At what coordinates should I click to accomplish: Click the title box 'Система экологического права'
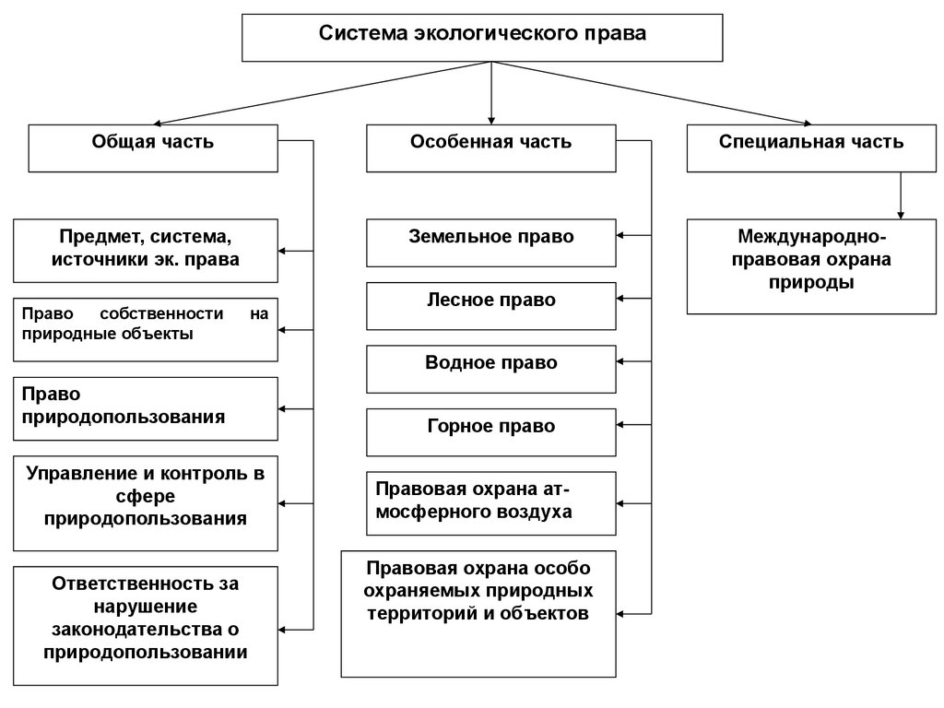click(x=482, y=37)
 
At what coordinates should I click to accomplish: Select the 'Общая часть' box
click(x=153, y=147)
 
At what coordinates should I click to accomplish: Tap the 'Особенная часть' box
click(x=490, y=147)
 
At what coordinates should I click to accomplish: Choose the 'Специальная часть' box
click(x=811, y=147)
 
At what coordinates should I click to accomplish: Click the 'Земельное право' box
click(x=490, y=242)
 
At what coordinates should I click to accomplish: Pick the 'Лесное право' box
click(x=490, y=305)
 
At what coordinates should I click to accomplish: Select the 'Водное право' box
click(x=490, y=368)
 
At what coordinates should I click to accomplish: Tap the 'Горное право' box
click(x=490, y=431)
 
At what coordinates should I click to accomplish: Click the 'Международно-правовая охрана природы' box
click(x=811, y=265)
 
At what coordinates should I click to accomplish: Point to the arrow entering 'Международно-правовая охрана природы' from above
click(x=901, y=213)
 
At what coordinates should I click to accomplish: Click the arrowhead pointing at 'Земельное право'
click(x=620, y=236)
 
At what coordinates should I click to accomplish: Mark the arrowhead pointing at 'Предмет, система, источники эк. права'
click(x=284, y=251)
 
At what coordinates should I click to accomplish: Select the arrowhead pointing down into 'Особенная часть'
click(x=490, y=119)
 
